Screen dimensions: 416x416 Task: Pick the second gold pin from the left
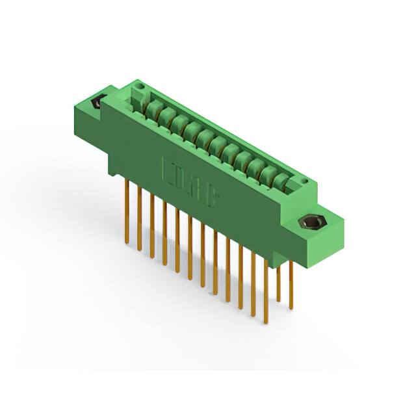(139, 218)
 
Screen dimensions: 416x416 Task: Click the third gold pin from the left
(152, 224)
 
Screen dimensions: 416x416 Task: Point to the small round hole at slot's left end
(137, 98)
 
